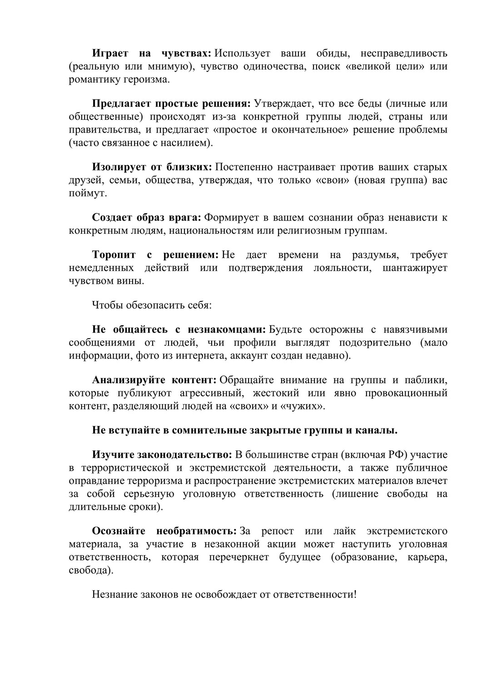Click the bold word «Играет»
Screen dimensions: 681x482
tap(109, 54)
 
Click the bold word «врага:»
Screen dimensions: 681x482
tap(186, 217)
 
